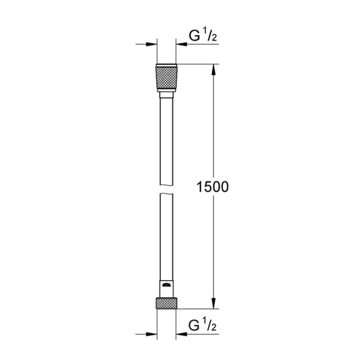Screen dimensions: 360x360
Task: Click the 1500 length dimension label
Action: pyautogui.click(x=212, y=187)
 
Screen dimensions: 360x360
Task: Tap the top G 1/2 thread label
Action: pyautogui.click(x=203, y=36)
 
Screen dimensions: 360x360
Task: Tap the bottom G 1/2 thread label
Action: pyautogui.click(x=203, y=325)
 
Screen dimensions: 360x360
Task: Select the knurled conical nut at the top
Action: pyautogui.click(x=166, y=77)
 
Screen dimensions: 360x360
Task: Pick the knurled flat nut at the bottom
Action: pyautogui.click(x=166, y=303)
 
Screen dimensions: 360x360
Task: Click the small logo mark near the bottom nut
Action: pyautogui.click(x=166, y=285)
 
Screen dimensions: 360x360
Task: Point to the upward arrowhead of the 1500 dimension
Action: pyautogui.click(x=213, y=69)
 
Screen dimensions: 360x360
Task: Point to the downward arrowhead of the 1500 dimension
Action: pyautogui.click(x=213, y=303)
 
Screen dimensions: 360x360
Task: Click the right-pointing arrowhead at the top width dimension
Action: pyautogui.click(x=152, y=44)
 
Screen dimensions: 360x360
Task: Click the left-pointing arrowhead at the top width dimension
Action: pyautogui.click(x=181, y=44)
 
